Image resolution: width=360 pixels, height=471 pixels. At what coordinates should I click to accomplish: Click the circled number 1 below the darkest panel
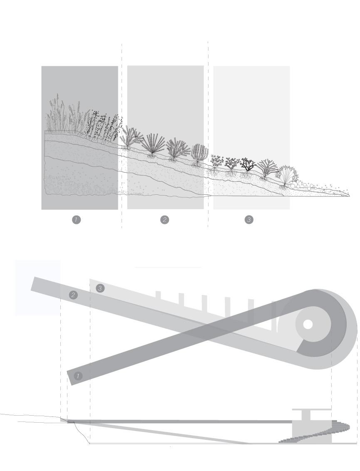[x=76, y=219]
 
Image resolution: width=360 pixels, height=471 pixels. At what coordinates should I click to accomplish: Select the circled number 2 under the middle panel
[x=165, y=219]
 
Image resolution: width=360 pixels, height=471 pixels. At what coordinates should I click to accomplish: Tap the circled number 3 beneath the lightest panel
[x=249, y=219]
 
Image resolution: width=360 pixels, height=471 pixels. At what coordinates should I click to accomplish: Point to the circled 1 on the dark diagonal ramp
[x=78, y=376]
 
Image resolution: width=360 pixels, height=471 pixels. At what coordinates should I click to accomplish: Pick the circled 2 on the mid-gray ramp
[x=73, y=295]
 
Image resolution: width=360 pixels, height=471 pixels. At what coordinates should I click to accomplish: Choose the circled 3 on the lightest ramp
[x=99, y=288]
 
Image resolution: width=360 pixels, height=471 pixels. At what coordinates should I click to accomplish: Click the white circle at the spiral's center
[x=308, y=325]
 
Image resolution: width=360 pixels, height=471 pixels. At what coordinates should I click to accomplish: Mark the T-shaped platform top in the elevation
[x=311, y=410]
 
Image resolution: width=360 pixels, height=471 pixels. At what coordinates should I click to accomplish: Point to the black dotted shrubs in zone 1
[x=104, y=125]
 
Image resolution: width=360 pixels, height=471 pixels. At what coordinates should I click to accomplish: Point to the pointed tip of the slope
[x=348, y=196]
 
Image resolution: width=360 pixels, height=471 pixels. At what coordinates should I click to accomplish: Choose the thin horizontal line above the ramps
[x=168, y=268]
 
